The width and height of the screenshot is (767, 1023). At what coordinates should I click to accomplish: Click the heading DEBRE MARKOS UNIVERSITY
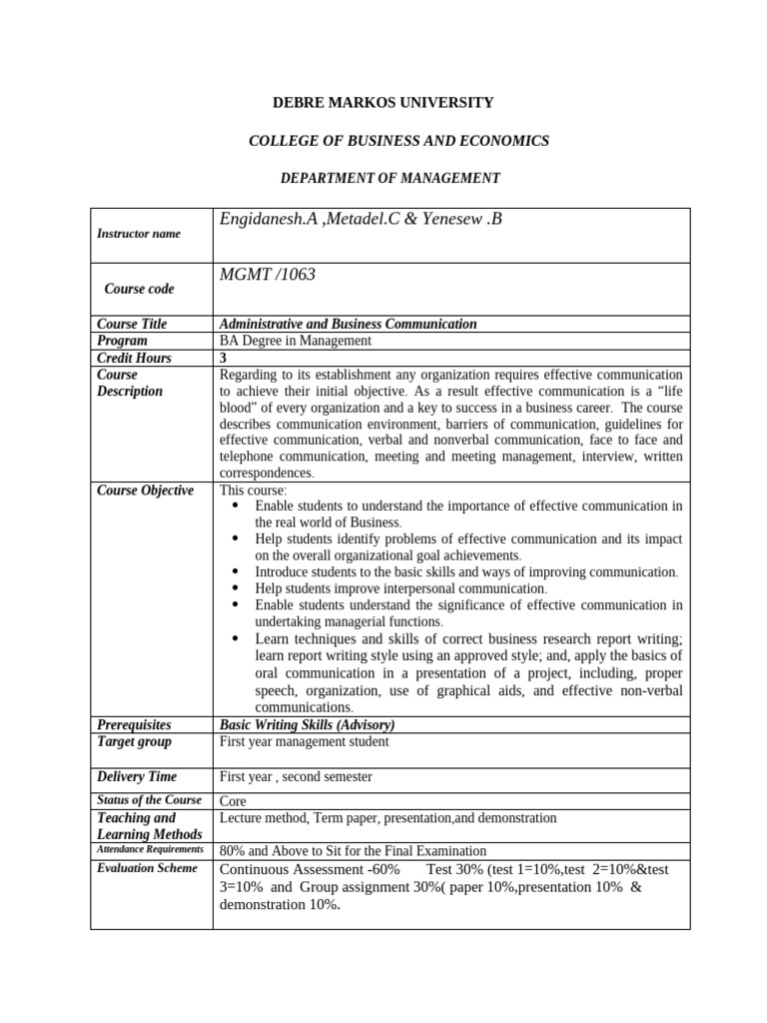click(x=383, y=103)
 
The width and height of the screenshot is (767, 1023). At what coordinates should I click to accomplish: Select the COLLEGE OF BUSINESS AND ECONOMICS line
click(x=398, y=141)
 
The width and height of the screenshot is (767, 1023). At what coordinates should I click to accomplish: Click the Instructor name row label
click(x=139, y=234)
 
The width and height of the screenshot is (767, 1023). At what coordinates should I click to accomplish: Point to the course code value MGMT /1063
click(x=267, y=274)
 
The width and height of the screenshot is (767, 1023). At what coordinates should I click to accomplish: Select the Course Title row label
click(x=132, y=324)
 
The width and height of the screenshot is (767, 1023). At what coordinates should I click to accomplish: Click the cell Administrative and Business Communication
click(x=348, y=324)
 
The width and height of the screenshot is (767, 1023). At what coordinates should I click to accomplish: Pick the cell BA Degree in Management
click(x=295, y=341)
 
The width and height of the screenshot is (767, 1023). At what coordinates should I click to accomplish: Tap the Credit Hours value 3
click(x=223, y=358)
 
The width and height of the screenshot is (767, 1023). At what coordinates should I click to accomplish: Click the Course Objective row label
click(x=145, y=491)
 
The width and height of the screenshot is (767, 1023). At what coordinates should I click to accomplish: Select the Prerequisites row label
click(x=134, y=724)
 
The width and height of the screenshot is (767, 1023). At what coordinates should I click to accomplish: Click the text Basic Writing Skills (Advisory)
click(x=307, y=724)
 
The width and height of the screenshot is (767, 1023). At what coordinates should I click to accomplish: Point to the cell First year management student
click(x=304, y=741)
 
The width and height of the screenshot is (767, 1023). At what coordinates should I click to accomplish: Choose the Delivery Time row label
click(x=137, y=776)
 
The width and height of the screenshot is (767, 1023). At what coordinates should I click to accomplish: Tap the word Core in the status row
click(x=232, y=801)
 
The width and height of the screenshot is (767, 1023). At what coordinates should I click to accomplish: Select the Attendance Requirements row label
click(x=150, y=849)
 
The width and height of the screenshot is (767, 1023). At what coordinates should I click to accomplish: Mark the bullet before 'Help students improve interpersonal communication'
click(x=236, y=588)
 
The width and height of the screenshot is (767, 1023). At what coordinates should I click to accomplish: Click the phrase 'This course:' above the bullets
click(x=253, y=491)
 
